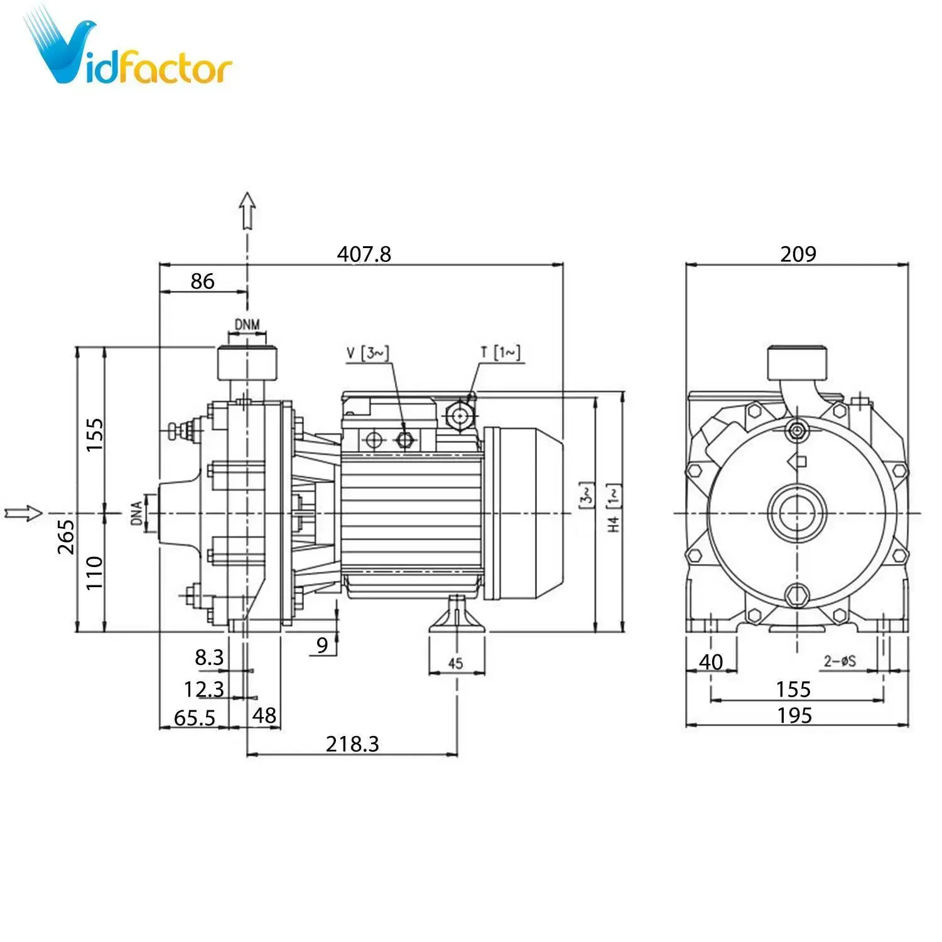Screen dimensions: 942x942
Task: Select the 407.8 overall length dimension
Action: click(x=364, y=254)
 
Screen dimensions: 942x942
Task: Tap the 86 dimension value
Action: click(x=202, y=281)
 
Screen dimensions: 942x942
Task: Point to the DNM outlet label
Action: click(x=247, y=325)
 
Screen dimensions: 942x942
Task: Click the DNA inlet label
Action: click(x=137, y=513)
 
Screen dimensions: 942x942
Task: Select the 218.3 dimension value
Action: click(x=352, y=744)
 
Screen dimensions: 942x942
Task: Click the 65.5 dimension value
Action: click(x=194, y=717)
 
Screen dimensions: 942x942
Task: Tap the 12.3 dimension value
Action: click(x=203, y=689)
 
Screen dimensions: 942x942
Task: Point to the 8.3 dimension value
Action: click(x=208, y=658)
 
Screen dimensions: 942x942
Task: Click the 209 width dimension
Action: click(x=798, y=254)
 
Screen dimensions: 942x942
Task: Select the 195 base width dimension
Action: click(x=794, y=715)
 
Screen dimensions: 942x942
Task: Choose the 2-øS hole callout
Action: click(x=840, y=661)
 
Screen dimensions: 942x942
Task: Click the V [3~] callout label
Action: click(x=367, y=353)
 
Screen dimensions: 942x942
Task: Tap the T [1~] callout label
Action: click(x=501, y=352)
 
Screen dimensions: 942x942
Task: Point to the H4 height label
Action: click(x=614, y=523)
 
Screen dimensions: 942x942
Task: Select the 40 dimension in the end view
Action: click(x=711, y=661)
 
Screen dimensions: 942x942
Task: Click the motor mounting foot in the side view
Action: click(x=457, y=615)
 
